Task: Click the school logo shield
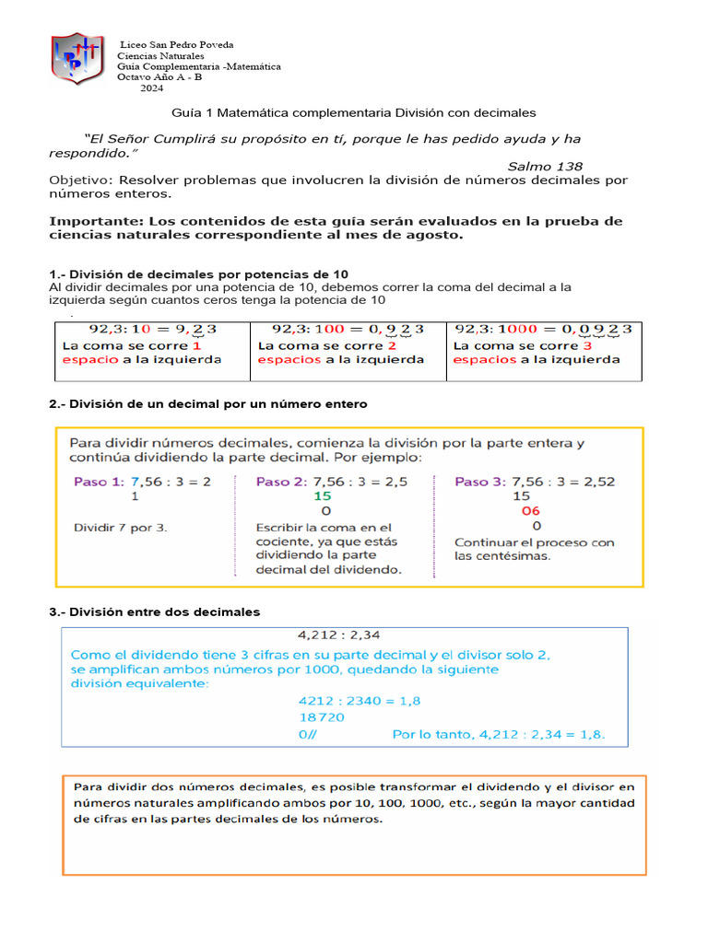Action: [x=77, y=58]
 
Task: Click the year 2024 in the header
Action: [x=152, y=88]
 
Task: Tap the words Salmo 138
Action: [x=545, y=167]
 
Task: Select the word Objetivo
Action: [x=78, y=180]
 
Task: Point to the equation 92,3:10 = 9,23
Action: [x=147, y=329]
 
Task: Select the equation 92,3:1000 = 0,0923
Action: [x=543, y=329]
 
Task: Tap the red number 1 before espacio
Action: [x=196, y=345]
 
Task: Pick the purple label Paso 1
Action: [x=99, y=481]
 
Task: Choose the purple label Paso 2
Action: [x=281, y=481]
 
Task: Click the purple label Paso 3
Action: [x=480, y=481]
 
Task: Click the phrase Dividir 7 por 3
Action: [x=120, y=528]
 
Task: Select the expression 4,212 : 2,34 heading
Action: [x=339, y=634]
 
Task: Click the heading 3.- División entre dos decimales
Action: [x=154, y=611]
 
